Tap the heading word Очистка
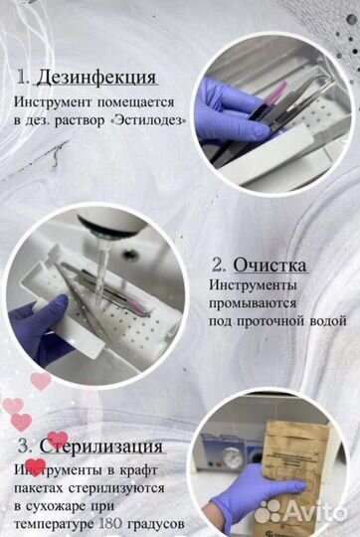[x=270, y=265]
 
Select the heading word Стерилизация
[x=99, y=445]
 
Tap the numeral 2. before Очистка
[x=219, y=265]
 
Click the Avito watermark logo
[x=298, y=511]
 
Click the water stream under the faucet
[x=100, y=264]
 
